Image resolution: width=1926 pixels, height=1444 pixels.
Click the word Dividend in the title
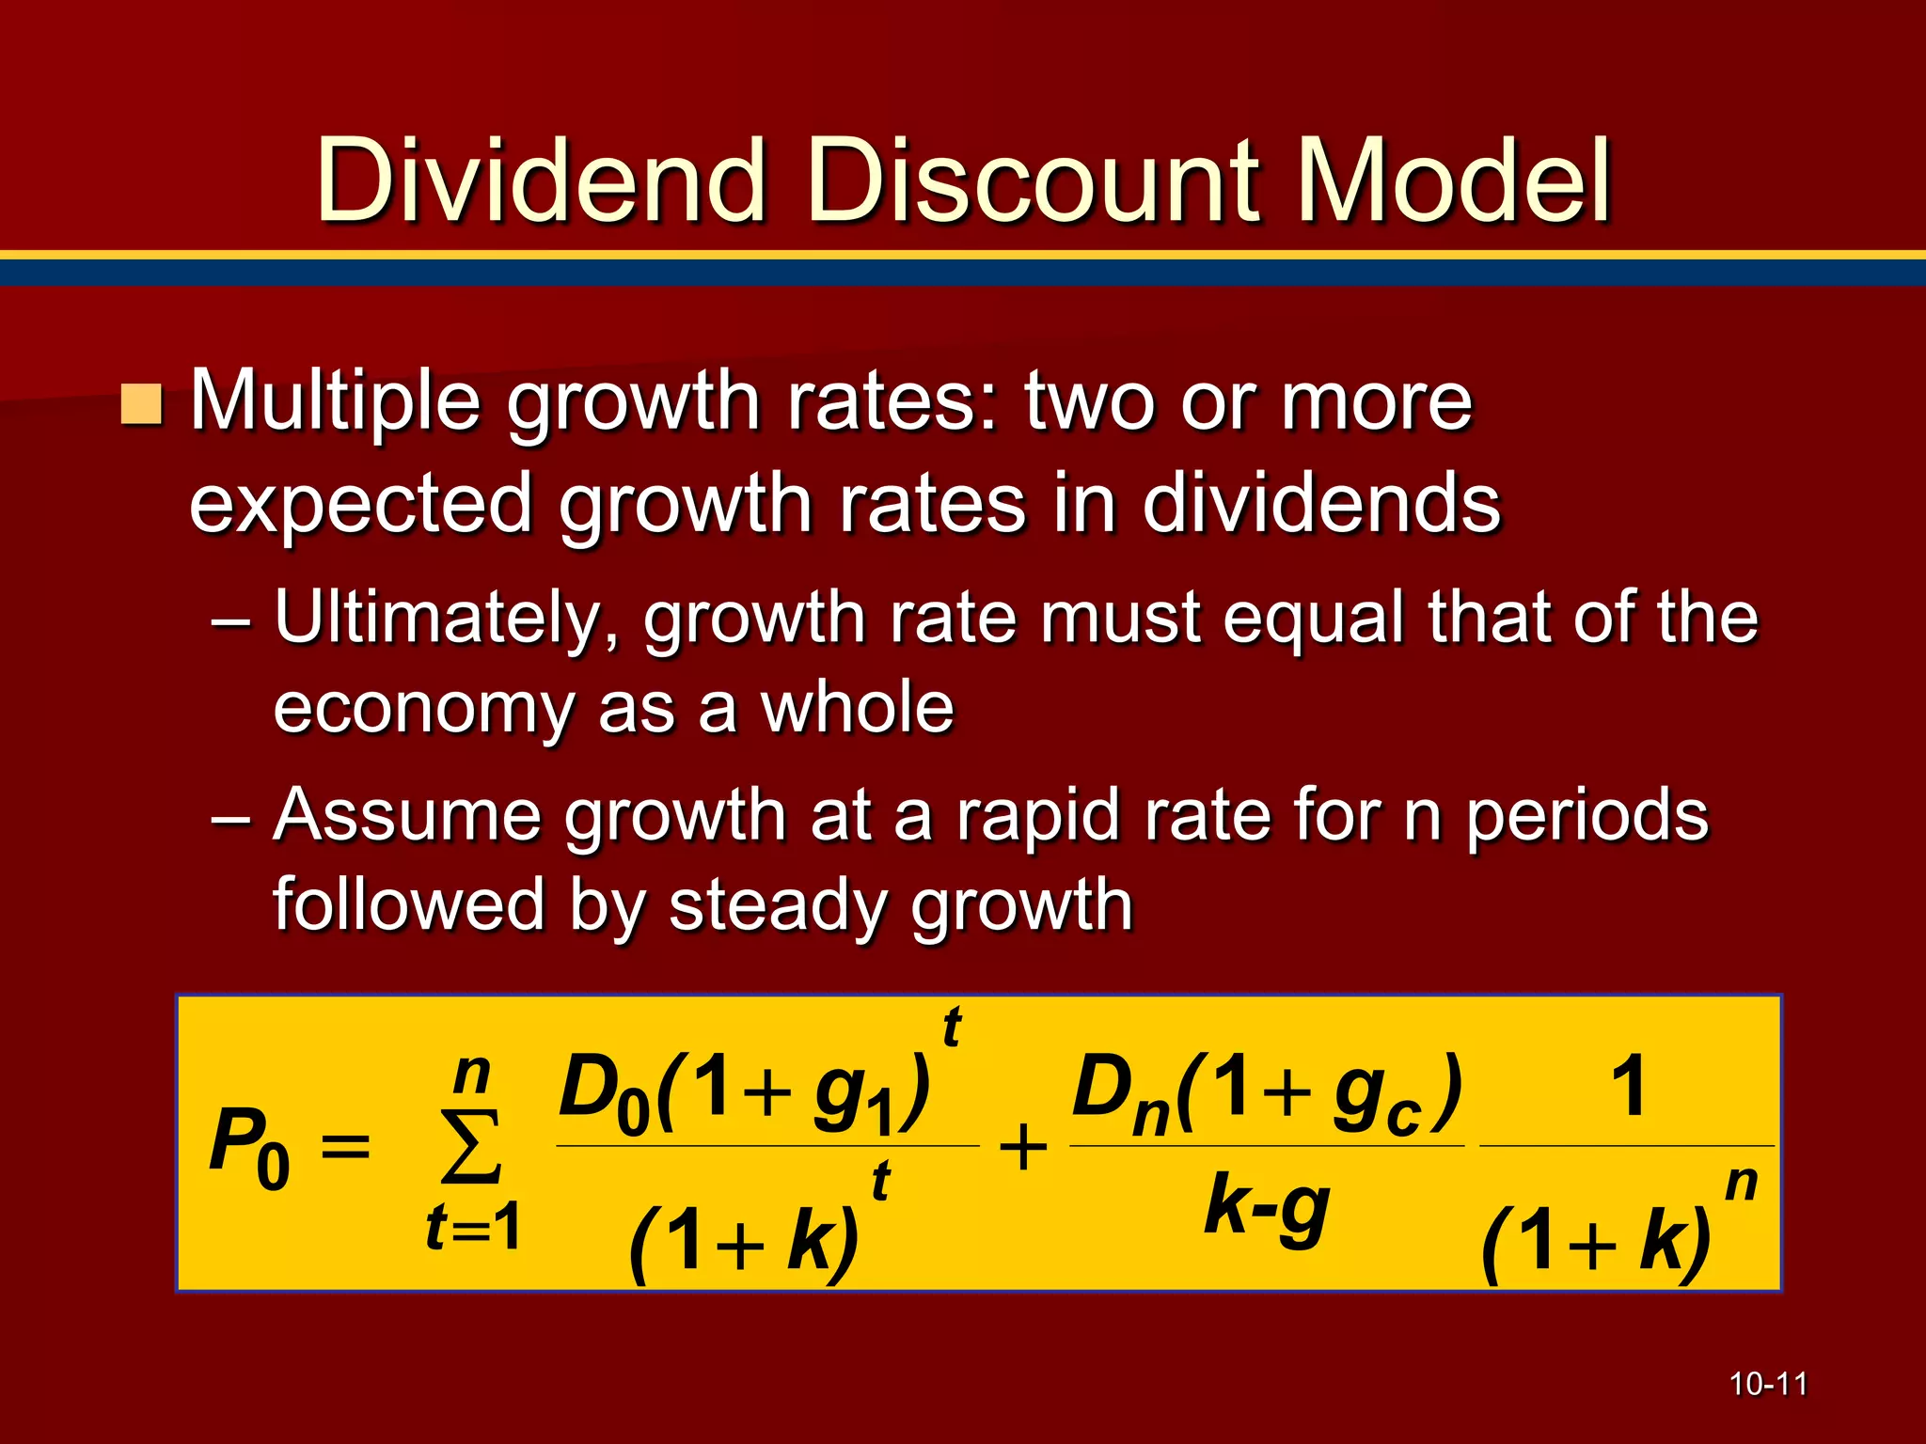pos(540,180)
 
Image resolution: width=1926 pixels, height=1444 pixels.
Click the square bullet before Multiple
pos(142,404)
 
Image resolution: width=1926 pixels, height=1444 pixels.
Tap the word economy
pos(423,710)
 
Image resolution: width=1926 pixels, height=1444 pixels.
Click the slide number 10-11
pos(1768,1384)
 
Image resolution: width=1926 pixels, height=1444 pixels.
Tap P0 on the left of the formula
pos(249,1147)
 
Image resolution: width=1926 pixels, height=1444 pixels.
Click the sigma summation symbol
pos(471,1147)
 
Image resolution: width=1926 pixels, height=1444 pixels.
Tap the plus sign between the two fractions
pos(1023,1148)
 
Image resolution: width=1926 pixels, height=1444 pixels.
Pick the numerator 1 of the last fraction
pos(1628,1086)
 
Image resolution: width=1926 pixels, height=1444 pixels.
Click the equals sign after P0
pos(345,1148)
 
